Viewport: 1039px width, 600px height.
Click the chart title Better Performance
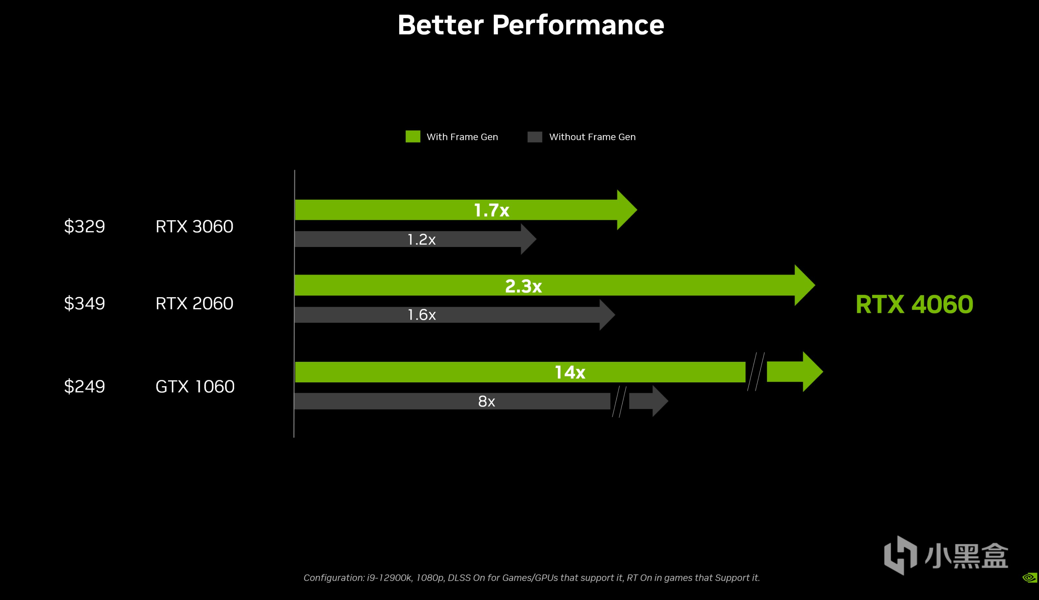tap(531, 25)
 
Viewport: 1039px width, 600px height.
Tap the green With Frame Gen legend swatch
tap(413, 136)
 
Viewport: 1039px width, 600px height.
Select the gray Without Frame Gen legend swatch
tap(535, 137)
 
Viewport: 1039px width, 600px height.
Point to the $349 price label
tap(85, 304)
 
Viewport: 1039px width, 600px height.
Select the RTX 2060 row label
tap(194, 304)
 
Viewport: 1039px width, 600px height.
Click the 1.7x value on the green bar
tap(492, 210)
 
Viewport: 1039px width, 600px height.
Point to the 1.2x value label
tap(421, 239)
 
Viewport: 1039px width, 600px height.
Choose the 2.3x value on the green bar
tap(523, 286)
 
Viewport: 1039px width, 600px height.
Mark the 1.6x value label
tap(421, 315)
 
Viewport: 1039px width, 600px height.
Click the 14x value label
tap(570, 373)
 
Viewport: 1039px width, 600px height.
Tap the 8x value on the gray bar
tap(486, 401)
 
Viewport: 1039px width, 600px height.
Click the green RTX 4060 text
tap(914, 304)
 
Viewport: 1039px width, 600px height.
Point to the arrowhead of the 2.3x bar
tap(804, 285)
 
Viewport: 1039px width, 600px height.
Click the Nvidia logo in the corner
tap(1030, 577)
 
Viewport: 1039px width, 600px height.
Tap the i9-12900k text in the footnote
tap(389, 578)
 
